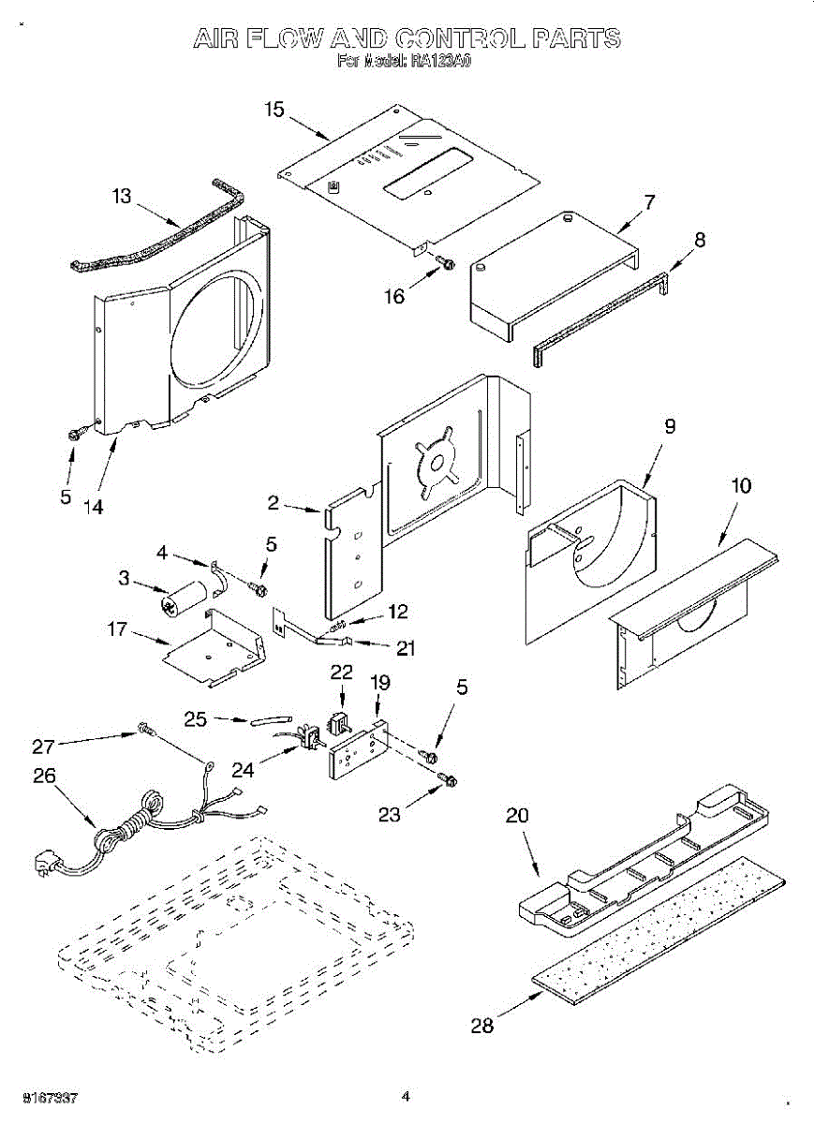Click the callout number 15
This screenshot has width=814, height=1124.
tap(274, 110)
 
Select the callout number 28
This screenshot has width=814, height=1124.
tap(481, 1025)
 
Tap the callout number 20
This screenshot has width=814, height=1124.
tap(517, 816)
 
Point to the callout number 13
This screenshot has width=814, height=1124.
tap(122, 196)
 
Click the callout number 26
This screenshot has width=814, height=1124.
tap(44, 776)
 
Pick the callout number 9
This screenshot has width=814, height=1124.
tap(669, 426)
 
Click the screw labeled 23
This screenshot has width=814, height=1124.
tap(447, 780)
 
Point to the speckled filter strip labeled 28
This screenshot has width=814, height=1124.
tap(656, 927)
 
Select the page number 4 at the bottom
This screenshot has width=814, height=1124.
tap(406, 1095)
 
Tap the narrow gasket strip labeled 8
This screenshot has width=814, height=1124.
tap(599, 314)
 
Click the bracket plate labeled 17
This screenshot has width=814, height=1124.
tap(210, 646)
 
